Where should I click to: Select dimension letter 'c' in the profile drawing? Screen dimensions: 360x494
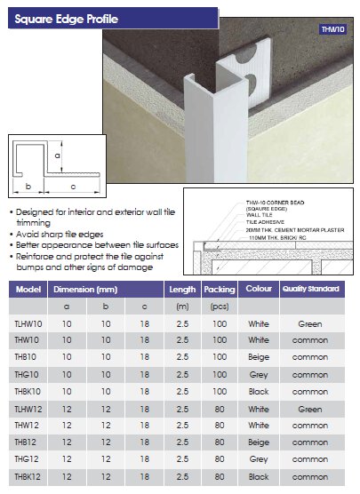coord(72,186)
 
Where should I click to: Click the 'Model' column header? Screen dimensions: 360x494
coord(29,290)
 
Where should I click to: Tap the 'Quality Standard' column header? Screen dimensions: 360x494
coord(310,290)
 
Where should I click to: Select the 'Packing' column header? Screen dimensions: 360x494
coord(218,290)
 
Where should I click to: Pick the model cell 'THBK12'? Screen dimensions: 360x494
coord(29,478)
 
